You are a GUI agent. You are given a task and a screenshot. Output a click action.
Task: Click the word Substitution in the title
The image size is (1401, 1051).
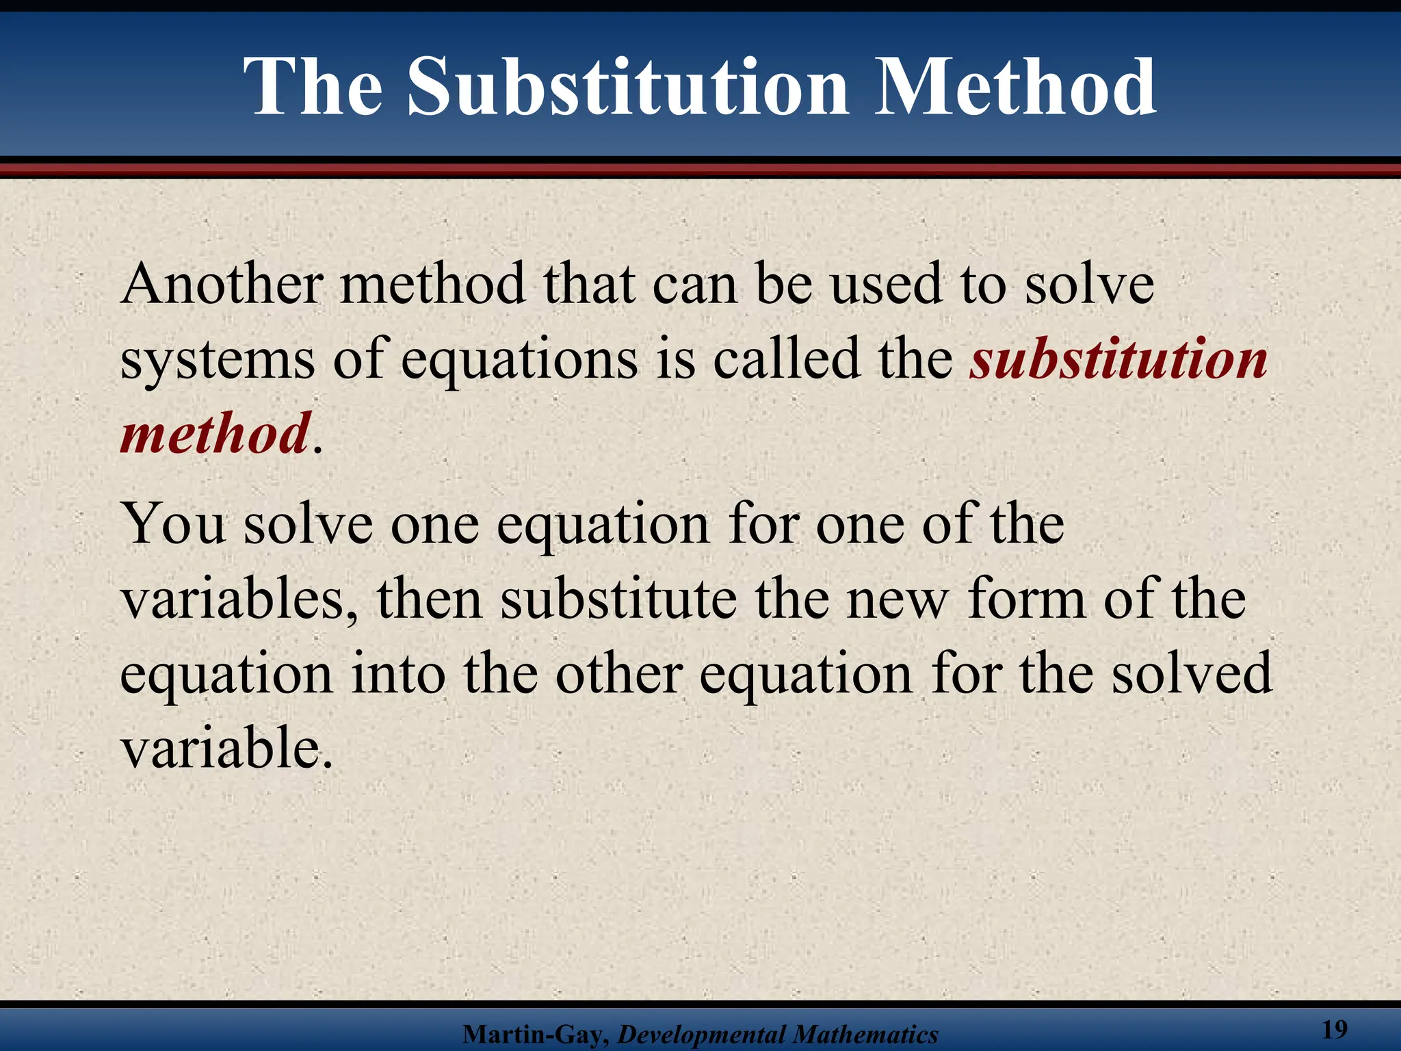(628, 88)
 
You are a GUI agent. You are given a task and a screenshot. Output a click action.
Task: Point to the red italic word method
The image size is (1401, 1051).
(215, 434)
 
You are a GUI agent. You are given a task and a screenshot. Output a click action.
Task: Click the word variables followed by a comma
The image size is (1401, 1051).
(239, 599)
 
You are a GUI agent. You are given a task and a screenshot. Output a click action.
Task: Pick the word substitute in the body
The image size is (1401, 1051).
(618, 599)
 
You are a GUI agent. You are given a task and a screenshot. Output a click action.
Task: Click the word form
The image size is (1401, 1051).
(1026, 599)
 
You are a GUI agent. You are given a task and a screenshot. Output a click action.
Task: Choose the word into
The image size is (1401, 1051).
(397, 674)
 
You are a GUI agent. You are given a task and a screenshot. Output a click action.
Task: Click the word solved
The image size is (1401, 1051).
(1191, 674)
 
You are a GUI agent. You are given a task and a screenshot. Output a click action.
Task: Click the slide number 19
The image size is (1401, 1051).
(1335, 1029)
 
